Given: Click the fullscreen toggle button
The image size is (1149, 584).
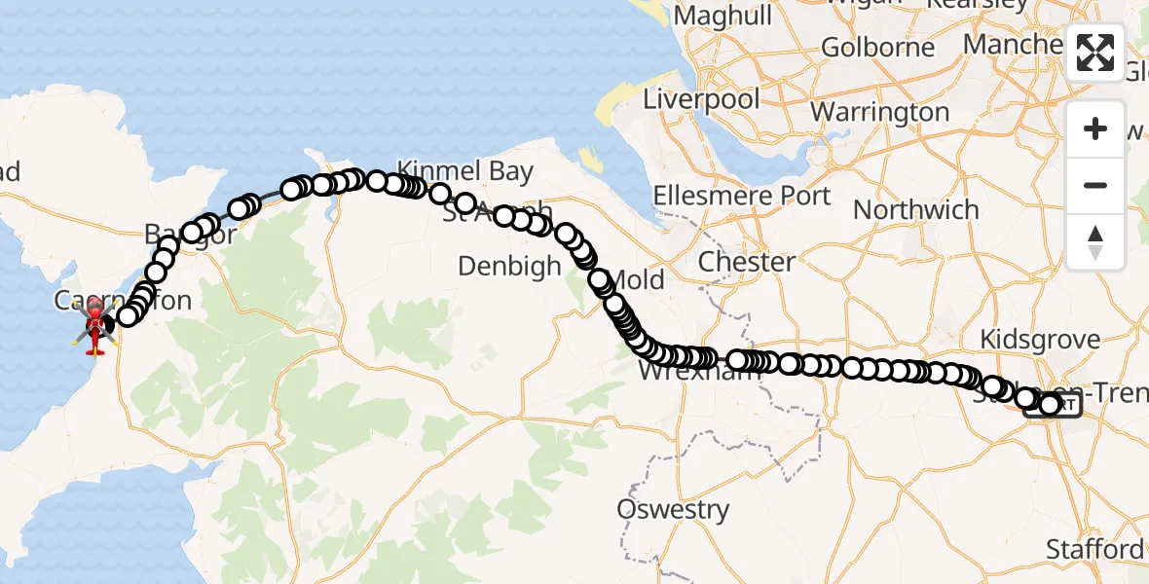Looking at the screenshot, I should pos(1095,53).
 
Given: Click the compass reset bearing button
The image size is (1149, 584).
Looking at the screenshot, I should pos(1095,242).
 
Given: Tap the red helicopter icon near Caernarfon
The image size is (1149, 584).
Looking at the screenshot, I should pos(95,325).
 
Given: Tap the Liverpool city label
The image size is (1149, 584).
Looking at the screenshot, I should pos(700,99).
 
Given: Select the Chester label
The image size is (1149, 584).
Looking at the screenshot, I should pos(748,262).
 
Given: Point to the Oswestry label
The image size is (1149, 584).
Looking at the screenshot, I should pos(673,509).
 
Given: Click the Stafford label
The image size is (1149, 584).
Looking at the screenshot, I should pos(1094,549).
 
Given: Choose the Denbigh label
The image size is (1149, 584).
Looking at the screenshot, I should pos(509,266).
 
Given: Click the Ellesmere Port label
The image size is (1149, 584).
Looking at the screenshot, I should pos(742,196).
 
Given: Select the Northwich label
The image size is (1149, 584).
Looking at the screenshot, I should pos(916,209).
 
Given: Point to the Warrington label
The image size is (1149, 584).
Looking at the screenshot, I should pos(879,112).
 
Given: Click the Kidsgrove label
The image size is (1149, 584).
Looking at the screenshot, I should pos(1040,340).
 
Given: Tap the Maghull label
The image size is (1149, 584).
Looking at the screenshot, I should pos(723,16).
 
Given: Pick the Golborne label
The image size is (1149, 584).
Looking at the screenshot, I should pos(877,47).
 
